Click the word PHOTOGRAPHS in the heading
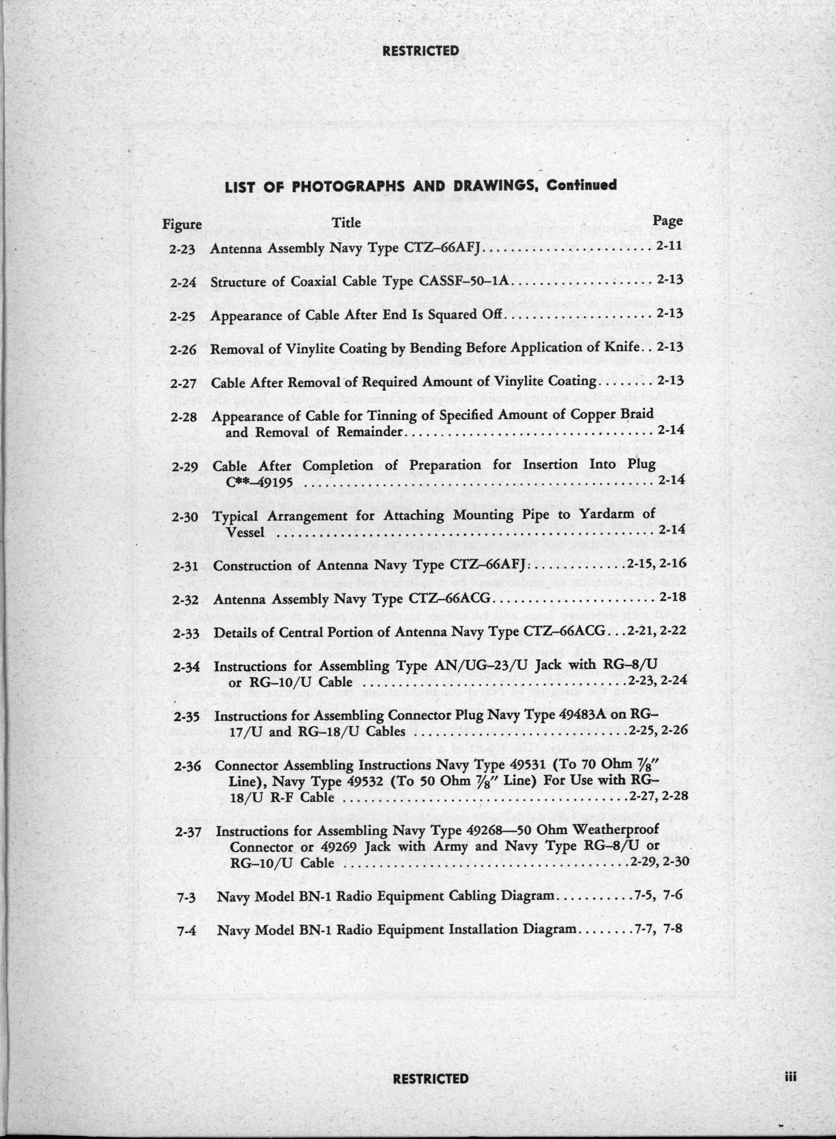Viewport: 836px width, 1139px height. (349, 187)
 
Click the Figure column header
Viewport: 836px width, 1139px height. (182, 224)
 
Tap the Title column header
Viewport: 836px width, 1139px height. (346, 222)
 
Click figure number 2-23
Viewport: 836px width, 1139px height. (183, 250)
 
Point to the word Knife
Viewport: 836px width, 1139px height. (627, 347)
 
